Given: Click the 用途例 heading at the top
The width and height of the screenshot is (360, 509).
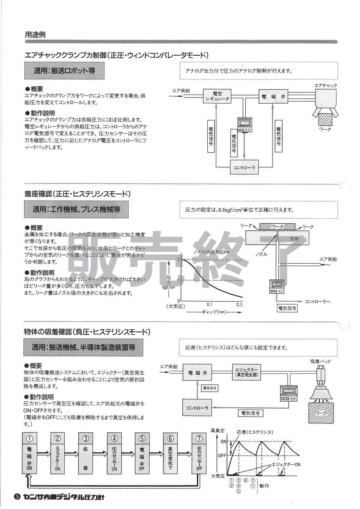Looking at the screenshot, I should (x=35, y=35).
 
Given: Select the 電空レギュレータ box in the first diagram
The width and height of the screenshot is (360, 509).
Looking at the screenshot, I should (x=217, y=96).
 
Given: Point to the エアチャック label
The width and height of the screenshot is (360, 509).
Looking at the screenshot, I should (x=326, y=85).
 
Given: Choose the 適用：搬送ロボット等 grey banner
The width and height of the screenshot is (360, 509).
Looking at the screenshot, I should (x=64, y=71).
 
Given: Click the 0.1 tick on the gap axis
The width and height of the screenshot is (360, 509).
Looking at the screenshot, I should (x=209, y=305).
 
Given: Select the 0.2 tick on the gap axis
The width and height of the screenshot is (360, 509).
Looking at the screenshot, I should (x=239, y=305).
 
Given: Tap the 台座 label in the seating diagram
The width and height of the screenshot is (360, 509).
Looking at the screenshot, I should (x=294, y=239).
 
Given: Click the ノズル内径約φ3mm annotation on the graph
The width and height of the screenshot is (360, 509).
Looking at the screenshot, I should (x=211, y=252).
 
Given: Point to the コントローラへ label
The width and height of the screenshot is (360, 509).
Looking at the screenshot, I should (x=317, y=301).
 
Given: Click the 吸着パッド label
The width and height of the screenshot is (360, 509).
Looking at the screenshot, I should (x=321, y=361).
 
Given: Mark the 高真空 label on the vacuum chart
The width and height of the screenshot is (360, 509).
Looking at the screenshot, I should (x=217, y=431).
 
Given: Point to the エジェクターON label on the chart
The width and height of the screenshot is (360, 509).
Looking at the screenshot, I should (x=286, y=465).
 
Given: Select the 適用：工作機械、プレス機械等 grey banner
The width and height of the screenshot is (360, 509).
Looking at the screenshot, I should (x=76, y=209).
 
